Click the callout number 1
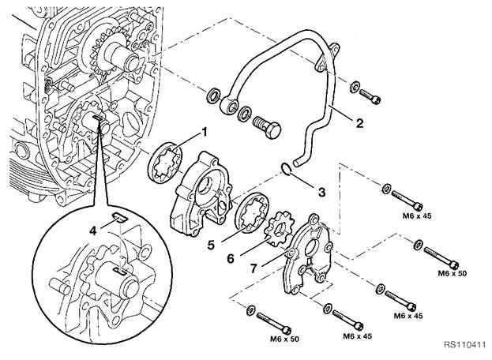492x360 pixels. [x=205, y=133]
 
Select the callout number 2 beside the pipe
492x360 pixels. [x=359, y=123]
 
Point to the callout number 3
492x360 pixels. [x=321, y=192]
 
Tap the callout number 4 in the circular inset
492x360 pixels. [x=92, y=231]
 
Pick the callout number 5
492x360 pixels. [x=211, y=246]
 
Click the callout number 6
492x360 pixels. [x=231, y=259]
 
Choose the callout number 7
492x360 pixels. [x=254, y=268]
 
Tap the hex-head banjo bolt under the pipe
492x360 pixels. [x=266, y=126]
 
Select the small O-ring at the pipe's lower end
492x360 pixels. [x=286, y=168]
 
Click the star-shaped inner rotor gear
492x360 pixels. [x=279, y=229]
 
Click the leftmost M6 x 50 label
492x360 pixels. [x=284, y=339]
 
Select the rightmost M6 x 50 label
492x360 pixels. [x=453, y=273]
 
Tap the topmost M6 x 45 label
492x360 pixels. [x=417, y=216]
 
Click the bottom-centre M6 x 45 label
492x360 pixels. [x=357, y=336]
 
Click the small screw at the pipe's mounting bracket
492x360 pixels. [x=370, y=96]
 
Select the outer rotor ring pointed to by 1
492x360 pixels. [x=165, y=163]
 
